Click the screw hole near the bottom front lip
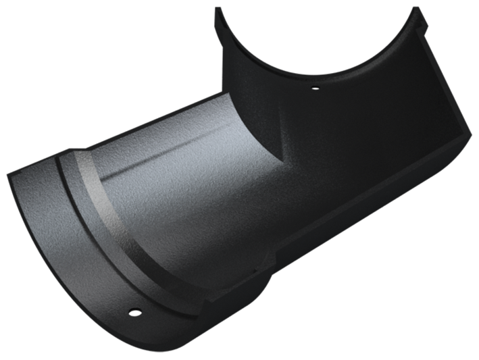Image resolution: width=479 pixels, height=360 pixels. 134,311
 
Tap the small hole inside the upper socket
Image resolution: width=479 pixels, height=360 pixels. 312,86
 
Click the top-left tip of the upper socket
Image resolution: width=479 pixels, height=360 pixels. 219,11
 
